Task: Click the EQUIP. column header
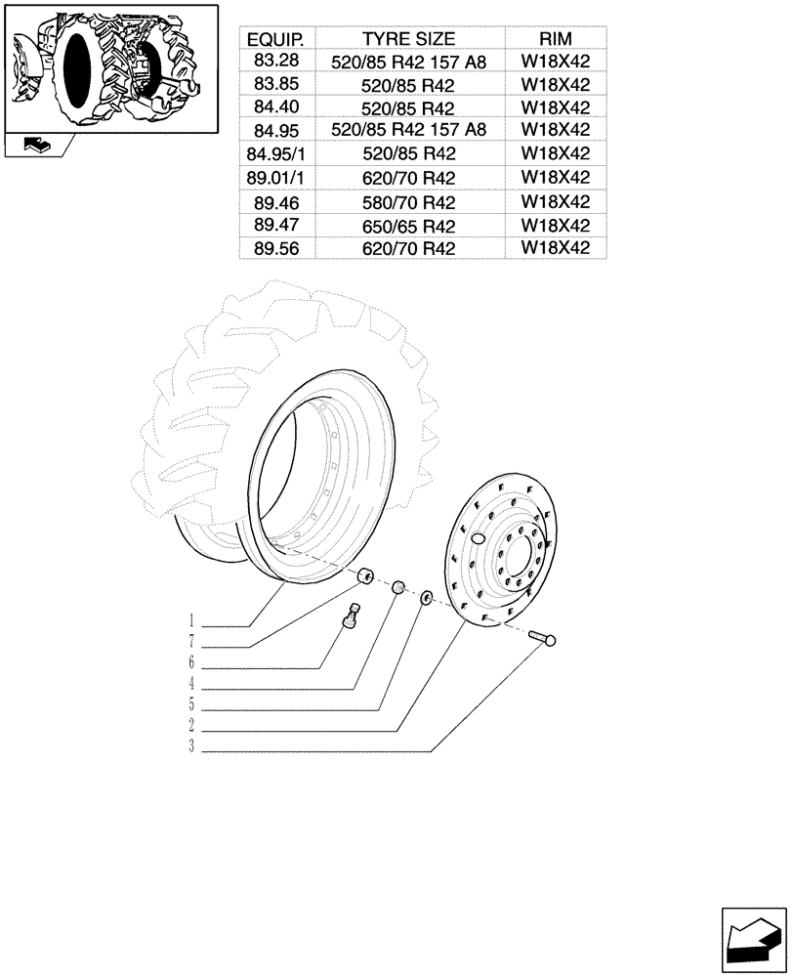pos(274,39)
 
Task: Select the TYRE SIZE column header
pos(408,39)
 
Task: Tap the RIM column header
pos(555,39)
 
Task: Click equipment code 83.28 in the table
pos(274,62)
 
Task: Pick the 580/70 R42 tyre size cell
pos(408,203)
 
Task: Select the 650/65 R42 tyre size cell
pos(408,226)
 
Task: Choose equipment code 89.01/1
pos(274,178)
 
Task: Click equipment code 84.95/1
pos(274,153)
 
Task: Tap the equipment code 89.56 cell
pos(274,249)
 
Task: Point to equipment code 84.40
pos(274,106)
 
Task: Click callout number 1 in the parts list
pos(193,619)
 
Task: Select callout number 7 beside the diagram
pos(193,642)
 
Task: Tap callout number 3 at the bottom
pos(193,748)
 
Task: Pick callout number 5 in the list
pos(193,704)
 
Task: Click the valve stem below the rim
pos(354,617)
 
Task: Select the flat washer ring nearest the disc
pos(428,594)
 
